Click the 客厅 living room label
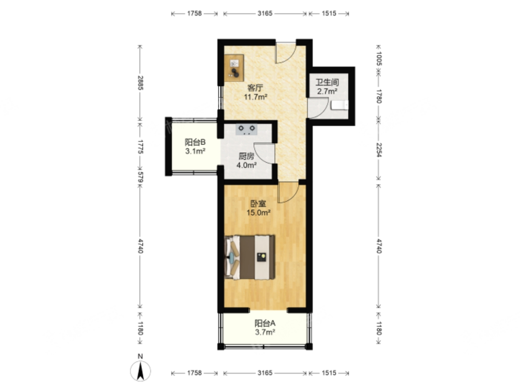(255, 88)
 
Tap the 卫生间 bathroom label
(327, 82)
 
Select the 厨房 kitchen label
(246, 156)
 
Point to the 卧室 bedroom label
(258, 203)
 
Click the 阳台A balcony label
(265, 323)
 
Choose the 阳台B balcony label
(195, 142)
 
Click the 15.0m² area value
(258, 213)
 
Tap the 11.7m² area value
(256, 97)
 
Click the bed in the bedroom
(250, 257)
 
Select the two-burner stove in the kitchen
(246, 130)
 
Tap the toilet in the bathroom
(339, 105)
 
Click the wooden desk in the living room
(234, 68)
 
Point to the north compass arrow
(141, 371)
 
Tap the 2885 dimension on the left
(140, 83)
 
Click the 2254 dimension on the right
(379, 150)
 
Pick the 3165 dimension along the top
(265, 14)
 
